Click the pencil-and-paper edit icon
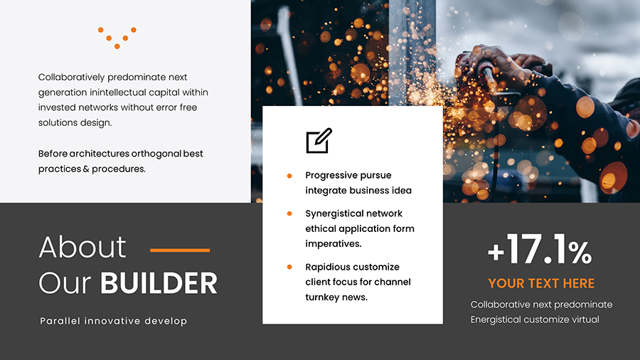[x=319, y=141]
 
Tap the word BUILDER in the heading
[x=159, y=283]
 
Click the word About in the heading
[x=82, y=248]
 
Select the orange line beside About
[x=180, y=250]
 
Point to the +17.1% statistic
[x=539, y=251]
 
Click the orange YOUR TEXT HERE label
[x=541, y=283]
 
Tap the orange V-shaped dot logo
[x=117, y=38]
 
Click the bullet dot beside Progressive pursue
[x=289, y=175]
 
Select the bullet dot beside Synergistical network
[x=289, y=213]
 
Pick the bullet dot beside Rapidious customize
[x=289, y=267]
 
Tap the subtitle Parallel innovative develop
[x=114, y=321]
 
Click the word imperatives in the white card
[x=334, y=244]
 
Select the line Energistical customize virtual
[x=535, y=319]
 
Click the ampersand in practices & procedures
[x=86, y=169]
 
